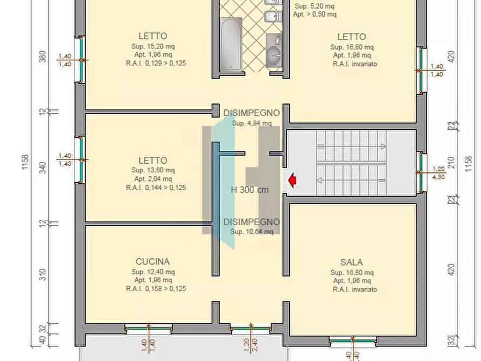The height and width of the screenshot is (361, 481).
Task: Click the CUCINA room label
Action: pyautogui.click(x=152, y=261)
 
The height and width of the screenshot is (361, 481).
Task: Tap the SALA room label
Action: pyautogui.click(x=351, y=262)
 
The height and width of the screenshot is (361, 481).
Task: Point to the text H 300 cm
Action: pyautogui.click(x=249, y=190)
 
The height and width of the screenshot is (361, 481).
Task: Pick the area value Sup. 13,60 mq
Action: pyautogui.click(x=152, y=170)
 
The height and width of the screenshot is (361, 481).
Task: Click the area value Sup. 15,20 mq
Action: pyautogui.click(x=152, y=46)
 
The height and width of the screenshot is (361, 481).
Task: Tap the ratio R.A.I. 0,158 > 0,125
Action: pyautogui.click(x=156, y=289)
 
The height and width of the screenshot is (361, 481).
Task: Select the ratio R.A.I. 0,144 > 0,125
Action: pyautogui.click(x=156, y=188)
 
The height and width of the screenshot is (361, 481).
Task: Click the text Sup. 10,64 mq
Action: pyautogui.click(x=252, y=232)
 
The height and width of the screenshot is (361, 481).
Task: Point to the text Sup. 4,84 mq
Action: pyautogui.click(x=252, y=123)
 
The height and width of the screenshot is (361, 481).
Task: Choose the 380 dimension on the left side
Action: pyautogui.click(x=43, y=57)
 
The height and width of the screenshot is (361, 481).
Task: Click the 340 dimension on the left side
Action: pyautogui.click(x=43, y=167)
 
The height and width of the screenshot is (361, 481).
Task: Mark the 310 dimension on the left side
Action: pyautogui.click(x=43, y=274)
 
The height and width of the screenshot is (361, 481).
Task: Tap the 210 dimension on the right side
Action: pyautogui.click(x=451, y=163)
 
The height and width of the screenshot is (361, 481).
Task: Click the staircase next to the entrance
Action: pyautogui.click(x=351, y=163)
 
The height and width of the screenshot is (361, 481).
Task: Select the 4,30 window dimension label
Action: pyautogui.click(x=438, y=176)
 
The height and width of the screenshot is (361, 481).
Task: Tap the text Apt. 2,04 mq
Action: pyautogui.click(x=152, y=179)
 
